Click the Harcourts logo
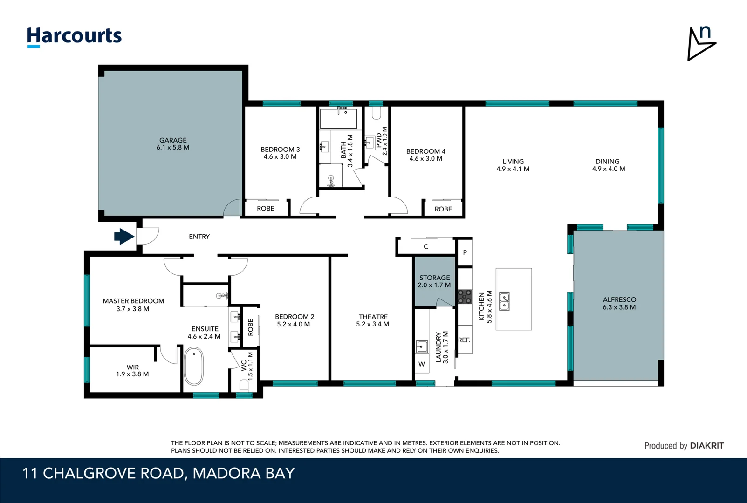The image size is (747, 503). (74, 36)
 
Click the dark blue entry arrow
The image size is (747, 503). (124, 237)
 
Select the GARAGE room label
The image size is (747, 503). (173, 140)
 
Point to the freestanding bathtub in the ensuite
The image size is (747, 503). (194, 367)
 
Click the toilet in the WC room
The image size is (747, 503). (244, 385)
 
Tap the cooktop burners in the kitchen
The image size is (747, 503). (465, 296)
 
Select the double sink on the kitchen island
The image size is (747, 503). (504, 301)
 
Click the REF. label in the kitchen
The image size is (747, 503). (464, 340)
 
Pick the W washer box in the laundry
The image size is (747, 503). (422, 364)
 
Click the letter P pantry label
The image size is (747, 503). (465, 252)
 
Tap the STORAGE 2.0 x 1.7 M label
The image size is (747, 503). (434, 281)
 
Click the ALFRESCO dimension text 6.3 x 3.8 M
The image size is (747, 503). (619, 307)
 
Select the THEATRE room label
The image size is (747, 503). (373, 317)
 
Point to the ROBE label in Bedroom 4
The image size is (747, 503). (443, 209)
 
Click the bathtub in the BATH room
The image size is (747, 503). (339, 119)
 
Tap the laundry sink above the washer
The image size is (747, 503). (422, 347)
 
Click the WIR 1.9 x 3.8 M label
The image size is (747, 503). (132, 371)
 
